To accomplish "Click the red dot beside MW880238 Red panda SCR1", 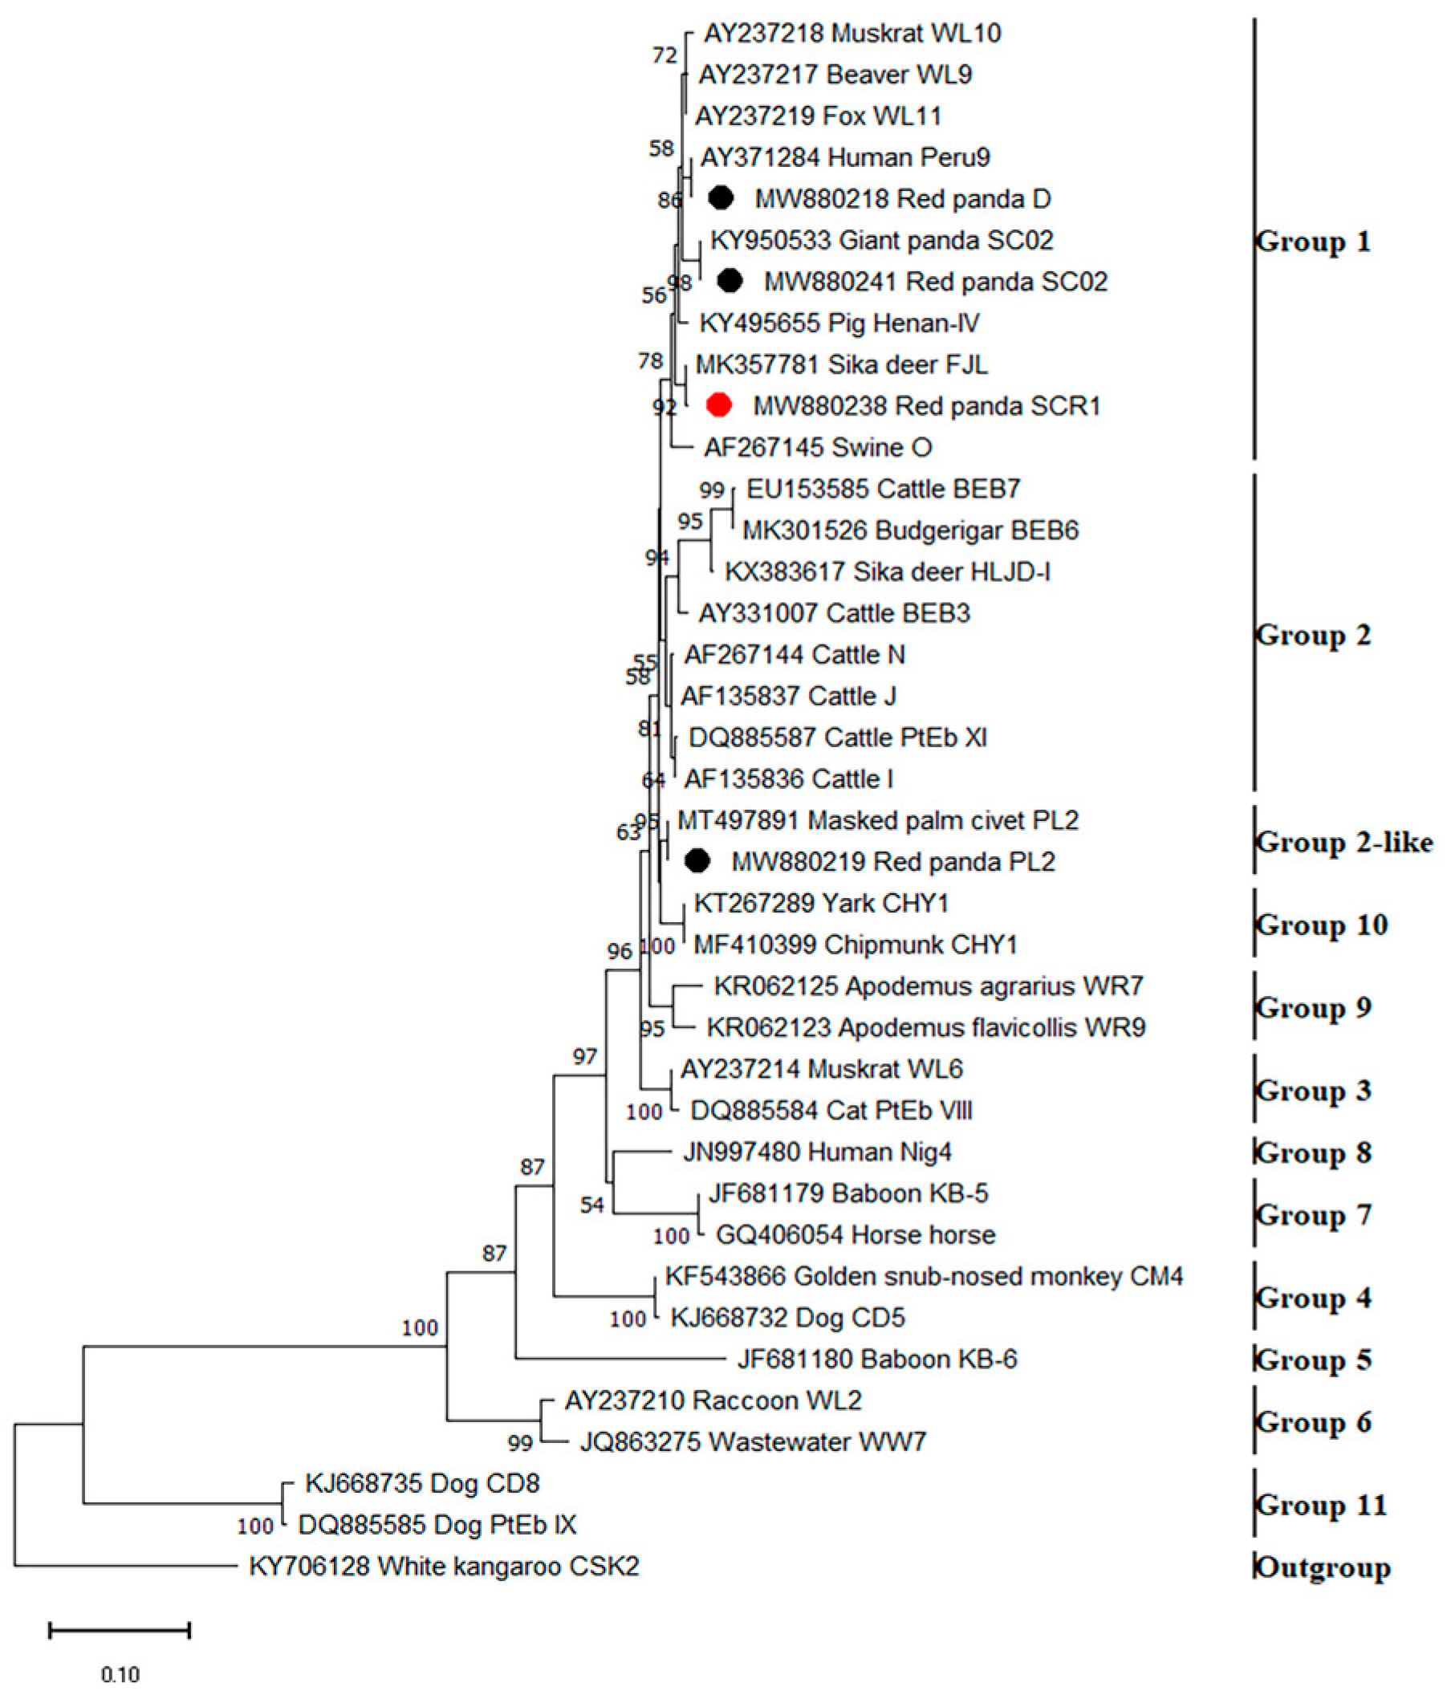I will pos(719,405).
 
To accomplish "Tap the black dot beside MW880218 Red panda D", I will pos(721,197).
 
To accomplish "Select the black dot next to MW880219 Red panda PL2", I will pos(697,860).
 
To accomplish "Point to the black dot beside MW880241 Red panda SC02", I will pos(730,280).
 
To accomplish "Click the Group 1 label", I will pos(1312,242).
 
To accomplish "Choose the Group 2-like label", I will pos(1343,842).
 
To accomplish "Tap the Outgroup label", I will pos(1323,1567).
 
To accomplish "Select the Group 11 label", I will pos(1321,1505).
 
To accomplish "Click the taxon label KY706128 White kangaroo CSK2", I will pos(444,1566).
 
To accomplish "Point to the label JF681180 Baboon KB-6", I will pos(876,1359).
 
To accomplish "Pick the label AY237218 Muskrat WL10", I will pos(851,33).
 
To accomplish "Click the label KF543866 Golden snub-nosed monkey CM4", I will pos(924,1276).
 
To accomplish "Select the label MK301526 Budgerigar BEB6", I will pos(910,530).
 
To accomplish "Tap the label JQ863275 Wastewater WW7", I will pos(753,1441).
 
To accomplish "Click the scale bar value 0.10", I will pos(120,1673).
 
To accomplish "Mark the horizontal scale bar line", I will pos(120,1630).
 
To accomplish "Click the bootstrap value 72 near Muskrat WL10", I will pos(665,55).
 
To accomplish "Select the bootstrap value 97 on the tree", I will pos(584,1057).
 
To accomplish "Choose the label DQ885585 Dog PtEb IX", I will pos(437,1525).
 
